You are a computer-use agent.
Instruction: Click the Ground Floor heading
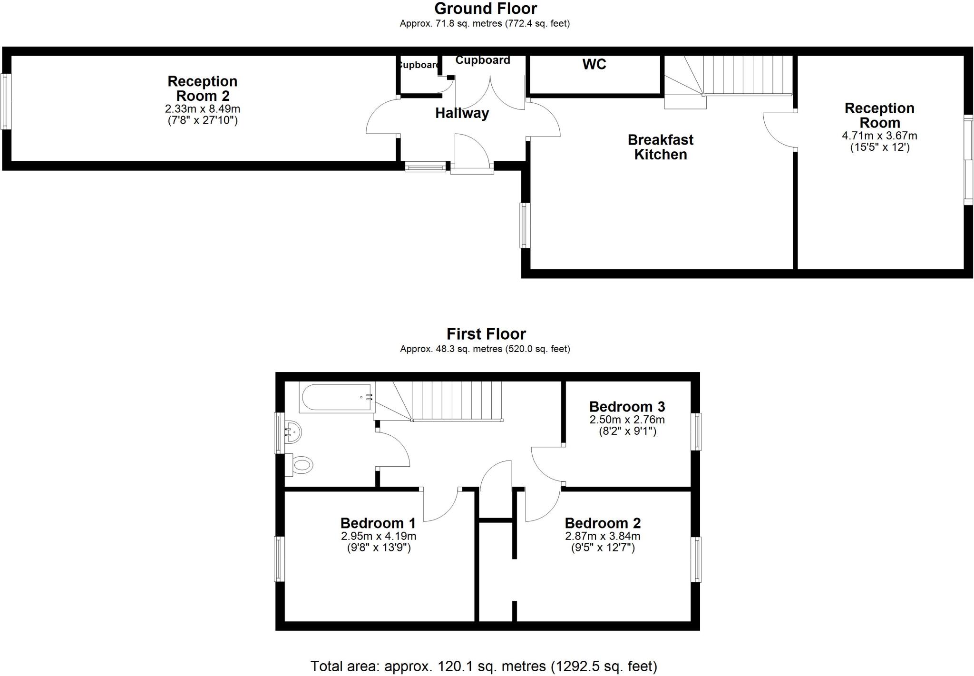point(485,9)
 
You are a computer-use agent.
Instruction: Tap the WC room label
point(594,64)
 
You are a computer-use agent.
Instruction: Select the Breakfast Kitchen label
point(660,147)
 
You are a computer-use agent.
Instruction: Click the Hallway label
point(462,113)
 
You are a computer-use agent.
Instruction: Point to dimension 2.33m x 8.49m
point(203,109)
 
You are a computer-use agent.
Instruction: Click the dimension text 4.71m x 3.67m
point(879,136)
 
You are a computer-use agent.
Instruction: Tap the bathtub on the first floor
point(337,397)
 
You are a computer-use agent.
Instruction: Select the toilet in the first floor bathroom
point(301,464)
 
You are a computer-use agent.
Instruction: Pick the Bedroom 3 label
point(626,407)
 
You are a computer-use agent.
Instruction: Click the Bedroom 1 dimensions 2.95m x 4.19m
point(379,536)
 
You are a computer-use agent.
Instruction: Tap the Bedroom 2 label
point(602,523)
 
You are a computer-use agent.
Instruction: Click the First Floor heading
point(486,334)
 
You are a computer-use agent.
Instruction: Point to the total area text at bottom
point(484,666)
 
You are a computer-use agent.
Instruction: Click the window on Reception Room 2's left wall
point(6,101)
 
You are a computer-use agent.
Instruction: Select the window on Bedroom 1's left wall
point(279,559)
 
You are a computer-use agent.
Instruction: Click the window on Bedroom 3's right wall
point(696,431)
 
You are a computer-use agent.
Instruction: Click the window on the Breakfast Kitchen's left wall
point(525,225)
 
